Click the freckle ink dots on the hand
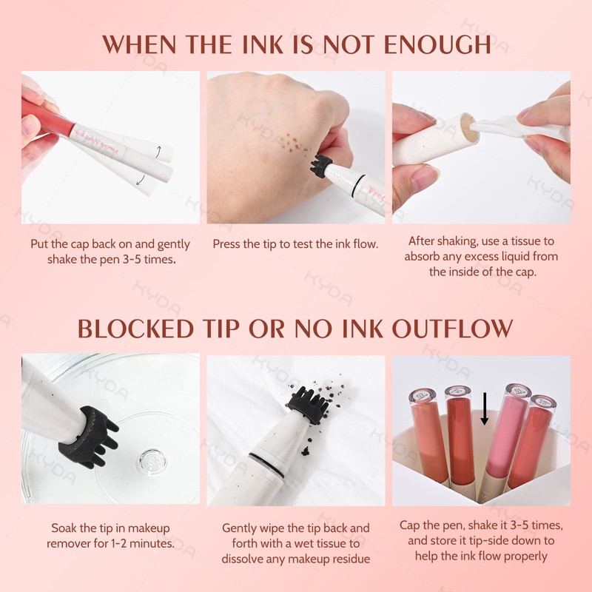pyautogui.click(x=292, y=141)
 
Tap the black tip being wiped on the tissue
pyautogui.click(x=303, y=406)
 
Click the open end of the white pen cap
pyautogui.click(x=464, y=128)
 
